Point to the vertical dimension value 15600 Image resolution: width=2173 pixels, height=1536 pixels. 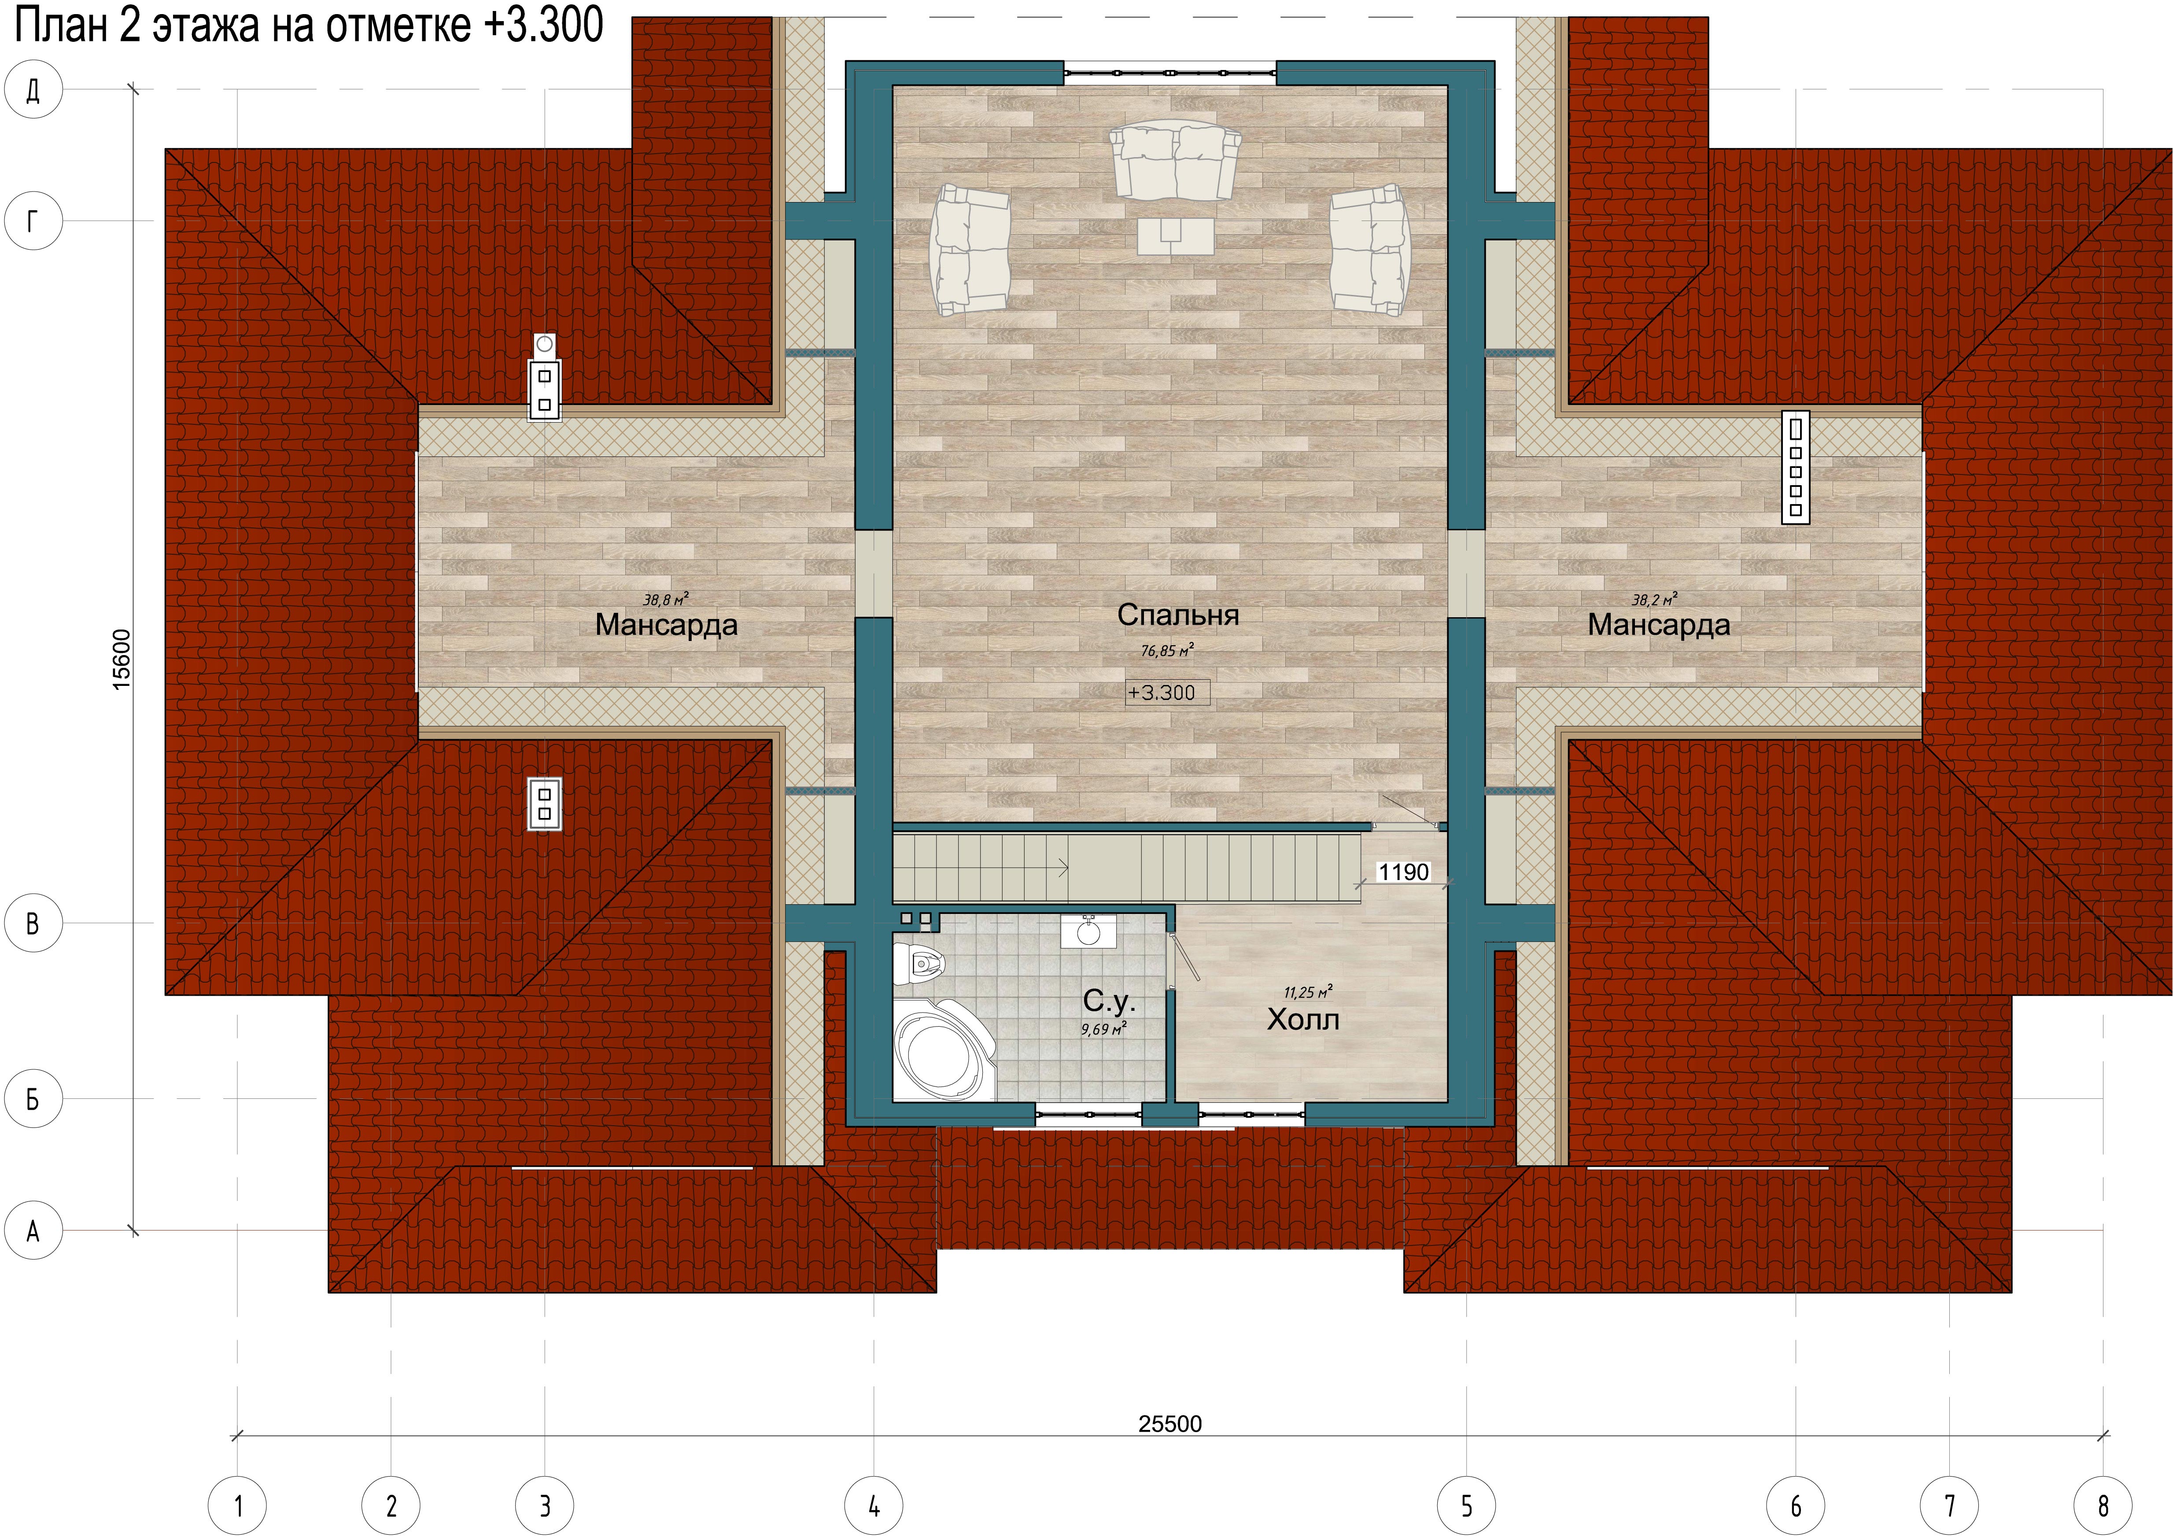pos(121,659)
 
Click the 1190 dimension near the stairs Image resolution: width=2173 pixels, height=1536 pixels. pos(1402,872)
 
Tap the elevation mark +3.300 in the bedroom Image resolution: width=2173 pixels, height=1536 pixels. pos(1162,693)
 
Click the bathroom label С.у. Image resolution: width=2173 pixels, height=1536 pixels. pos(1108,1001)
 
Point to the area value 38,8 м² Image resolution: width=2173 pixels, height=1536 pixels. pos(665,599)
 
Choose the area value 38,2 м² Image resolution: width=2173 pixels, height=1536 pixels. pos(1655,599)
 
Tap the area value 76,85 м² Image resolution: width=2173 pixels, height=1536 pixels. pos(1167,650)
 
